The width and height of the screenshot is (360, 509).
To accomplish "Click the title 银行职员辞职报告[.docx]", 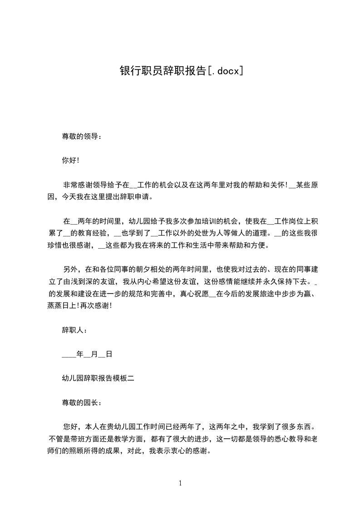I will (x=181, y=71).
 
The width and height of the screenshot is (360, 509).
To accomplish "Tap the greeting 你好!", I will (x=71, y=160).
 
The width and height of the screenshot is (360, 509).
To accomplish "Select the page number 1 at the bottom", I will (x=181, y=483).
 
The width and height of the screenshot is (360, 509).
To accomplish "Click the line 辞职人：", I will (x=74, y=330).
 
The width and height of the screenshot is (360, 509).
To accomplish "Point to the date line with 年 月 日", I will (x=87, y=354).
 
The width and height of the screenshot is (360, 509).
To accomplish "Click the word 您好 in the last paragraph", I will (x=70, y=426).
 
